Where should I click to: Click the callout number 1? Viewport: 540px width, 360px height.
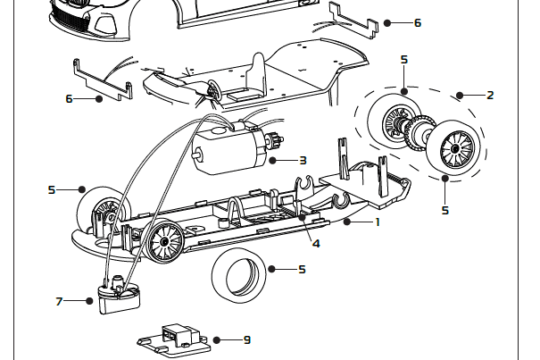378,221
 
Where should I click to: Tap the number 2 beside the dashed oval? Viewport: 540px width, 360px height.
490,94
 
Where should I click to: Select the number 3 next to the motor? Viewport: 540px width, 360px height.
303,161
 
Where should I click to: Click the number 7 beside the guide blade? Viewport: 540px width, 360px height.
59,301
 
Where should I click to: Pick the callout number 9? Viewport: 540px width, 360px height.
247,339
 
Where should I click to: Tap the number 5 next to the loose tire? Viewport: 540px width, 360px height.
303,268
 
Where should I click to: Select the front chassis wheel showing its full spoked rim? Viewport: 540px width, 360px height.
164,241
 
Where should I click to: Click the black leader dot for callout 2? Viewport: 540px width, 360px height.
458,94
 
